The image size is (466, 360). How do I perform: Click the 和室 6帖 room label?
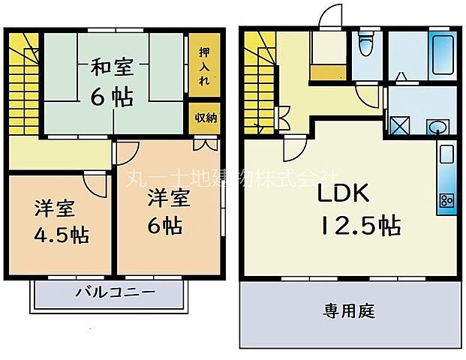pos(113,82)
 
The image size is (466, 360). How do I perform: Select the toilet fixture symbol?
pos(365,46)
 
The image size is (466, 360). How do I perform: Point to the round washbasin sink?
pos(434,127)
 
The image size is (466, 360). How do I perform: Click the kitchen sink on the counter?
pos(445,156)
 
